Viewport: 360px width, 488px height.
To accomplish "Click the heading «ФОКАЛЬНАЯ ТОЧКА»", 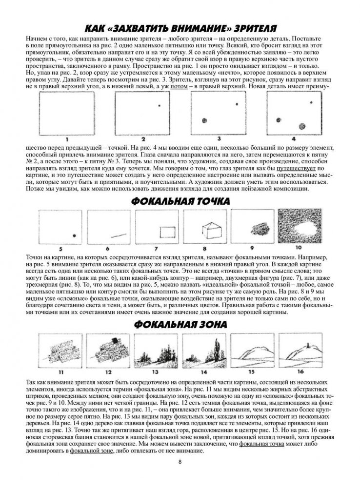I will click(180, 201).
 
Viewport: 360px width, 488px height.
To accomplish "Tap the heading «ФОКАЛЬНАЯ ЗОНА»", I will click(180, 311).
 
